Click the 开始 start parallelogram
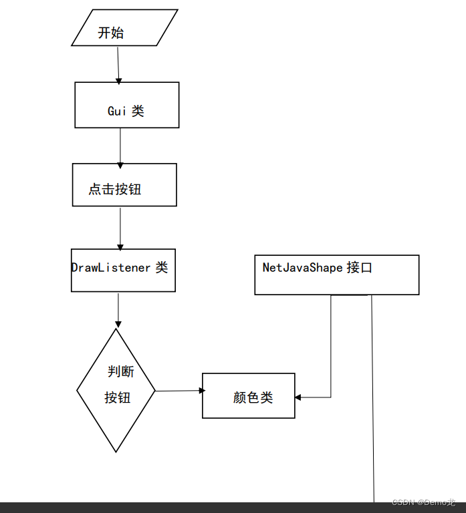(x=124, y=27)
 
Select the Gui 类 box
(x=126, y=105)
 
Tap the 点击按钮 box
(x=124, y=184)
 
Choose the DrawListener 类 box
(x=123, y=271)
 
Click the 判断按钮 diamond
(x=116, y=390)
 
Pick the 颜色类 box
(x=249, y=395)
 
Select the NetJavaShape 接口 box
(x=336, y=275)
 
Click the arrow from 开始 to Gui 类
(x=118, y=64)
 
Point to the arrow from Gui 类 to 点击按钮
(x=120, y=146)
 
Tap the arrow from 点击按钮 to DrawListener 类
(x=120, y=227)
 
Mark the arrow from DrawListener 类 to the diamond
(x=118, y=309)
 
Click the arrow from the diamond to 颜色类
(x=179, y=391)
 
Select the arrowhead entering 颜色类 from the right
(x=298, y=397)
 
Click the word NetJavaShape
(x=302, y=268)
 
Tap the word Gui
(x=117, y=112)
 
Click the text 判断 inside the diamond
(x=121, y=371)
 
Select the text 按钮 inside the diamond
(x=118, y=397)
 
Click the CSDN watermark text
(x=403, y=502)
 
